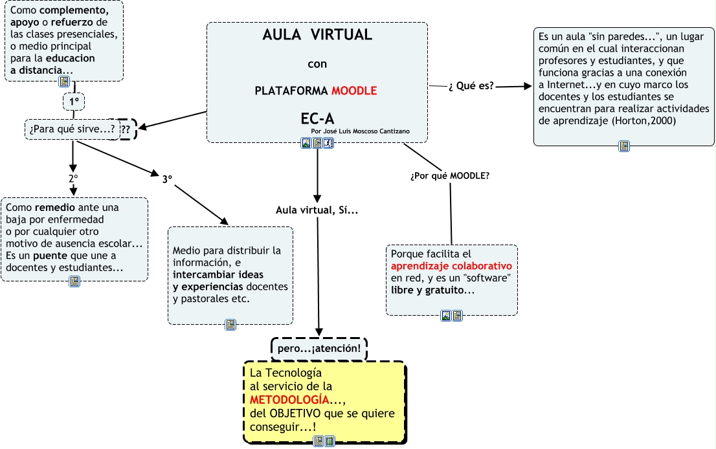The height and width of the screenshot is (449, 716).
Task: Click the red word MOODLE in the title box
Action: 354,91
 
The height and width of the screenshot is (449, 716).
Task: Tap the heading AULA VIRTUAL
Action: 317,35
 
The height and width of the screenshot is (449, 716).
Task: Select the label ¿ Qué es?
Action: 471,86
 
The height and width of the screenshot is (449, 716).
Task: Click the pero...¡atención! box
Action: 319,349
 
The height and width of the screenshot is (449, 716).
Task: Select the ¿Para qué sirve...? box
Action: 72,129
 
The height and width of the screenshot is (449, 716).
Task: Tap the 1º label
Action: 74,102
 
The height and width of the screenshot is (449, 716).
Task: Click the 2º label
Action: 73,178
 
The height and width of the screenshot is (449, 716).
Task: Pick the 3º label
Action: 167,179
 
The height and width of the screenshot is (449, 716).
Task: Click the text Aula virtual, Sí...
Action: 317,210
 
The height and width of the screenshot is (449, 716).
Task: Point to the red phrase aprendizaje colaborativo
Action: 451,266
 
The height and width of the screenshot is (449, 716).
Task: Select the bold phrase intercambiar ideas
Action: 214,274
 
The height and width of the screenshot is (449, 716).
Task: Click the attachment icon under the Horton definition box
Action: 624,146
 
